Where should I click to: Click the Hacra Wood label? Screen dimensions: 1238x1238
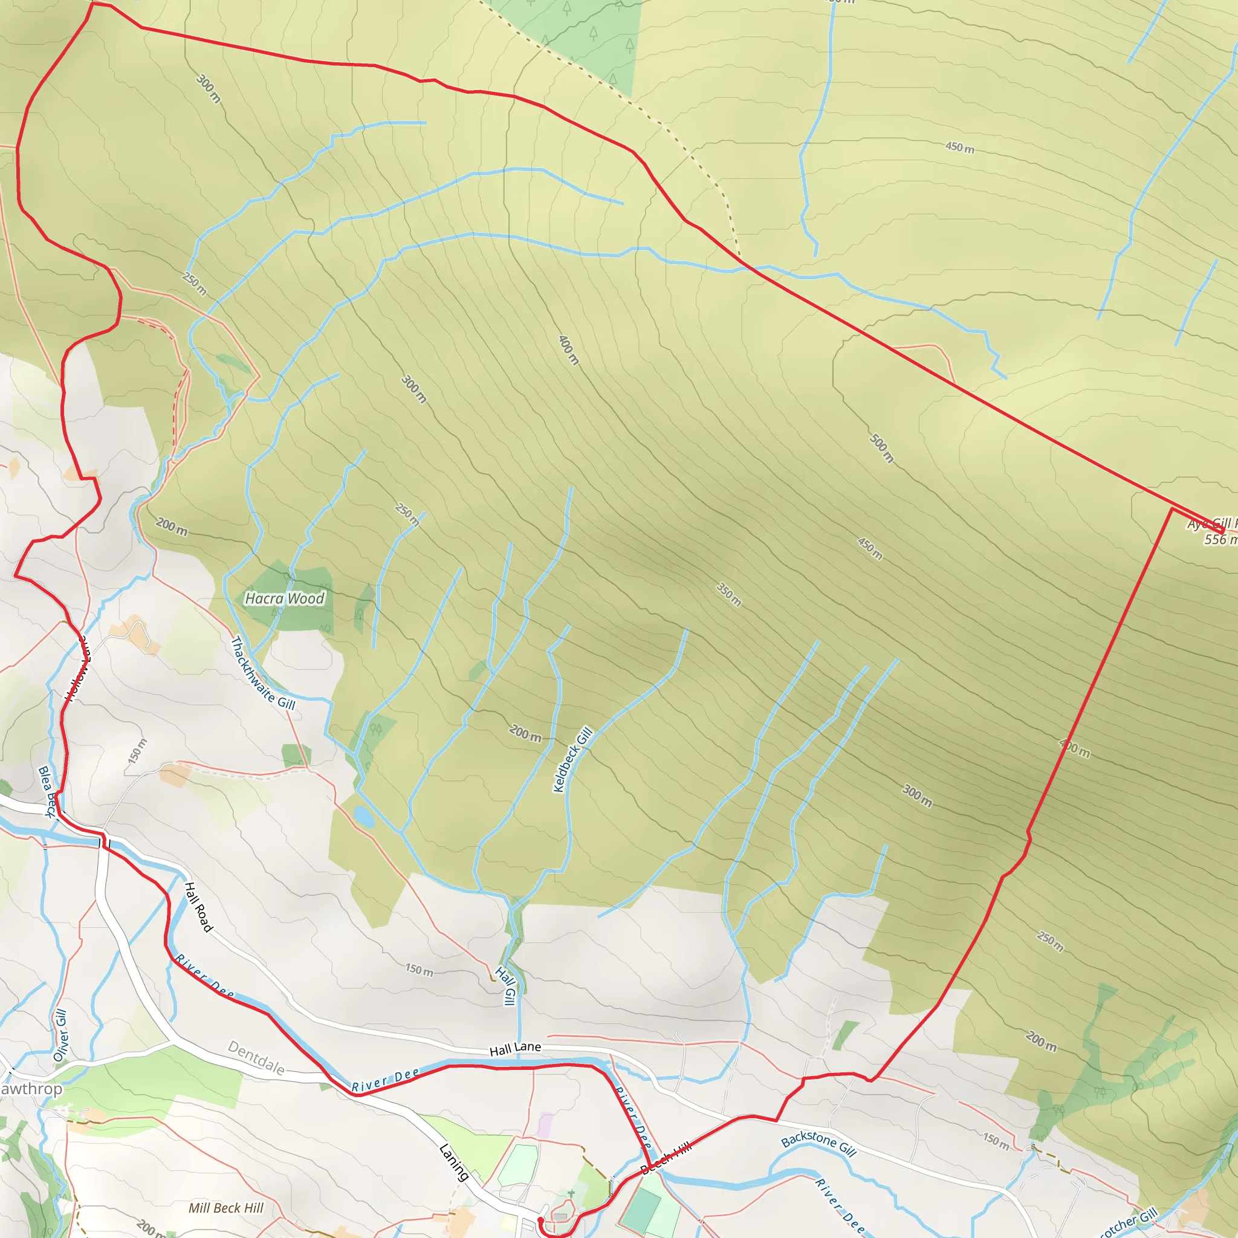[285, 598]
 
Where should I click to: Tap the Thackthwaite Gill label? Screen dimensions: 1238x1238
[263, 673]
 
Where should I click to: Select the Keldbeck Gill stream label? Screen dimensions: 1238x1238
[572, 759]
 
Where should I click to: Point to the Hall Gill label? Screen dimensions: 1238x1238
[505, 986]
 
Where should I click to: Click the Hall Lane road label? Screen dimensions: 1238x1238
[515, 1048]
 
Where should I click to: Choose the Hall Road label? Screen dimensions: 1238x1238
[198, 907]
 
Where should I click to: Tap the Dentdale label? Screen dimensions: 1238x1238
[256, 1058]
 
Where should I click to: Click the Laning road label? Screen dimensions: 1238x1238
[454, 1162]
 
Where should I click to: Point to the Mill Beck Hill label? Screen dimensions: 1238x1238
[225, 1208]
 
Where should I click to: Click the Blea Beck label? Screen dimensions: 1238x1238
[47, 792]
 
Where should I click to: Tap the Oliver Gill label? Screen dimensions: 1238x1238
[60, 1035]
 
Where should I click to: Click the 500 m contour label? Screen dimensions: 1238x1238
[882, 448]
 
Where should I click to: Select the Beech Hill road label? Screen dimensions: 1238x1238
[666, 1157]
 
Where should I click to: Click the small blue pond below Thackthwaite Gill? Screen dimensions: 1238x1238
[363, 816]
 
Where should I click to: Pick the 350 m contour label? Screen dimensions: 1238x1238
[728, 595]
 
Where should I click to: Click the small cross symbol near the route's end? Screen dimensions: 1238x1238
[571, 1193]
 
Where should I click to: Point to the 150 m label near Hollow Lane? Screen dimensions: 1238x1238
[138, 750]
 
